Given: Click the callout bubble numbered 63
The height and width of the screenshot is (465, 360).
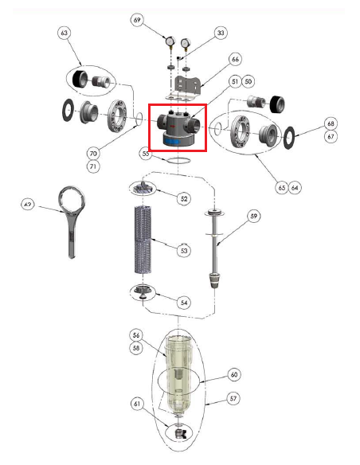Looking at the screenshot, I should point(65,33).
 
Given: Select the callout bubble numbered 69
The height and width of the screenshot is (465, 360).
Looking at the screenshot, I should point(138,19).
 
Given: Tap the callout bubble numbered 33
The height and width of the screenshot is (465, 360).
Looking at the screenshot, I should point(220,33).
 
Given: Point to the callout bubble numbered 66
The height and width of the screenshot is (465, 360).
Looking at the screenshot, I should point(235,59).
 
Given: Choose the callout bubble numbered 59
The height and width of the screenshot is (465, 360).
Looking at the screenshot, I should point(254,215).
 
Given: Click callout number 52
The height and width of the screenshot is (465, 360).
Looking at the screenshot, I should point(185,197).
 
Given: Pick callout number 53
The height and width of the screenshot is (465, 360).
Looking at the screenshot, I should point(184,251).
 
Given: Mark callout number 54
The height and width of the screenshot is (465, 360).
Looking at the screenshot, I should point(184,303).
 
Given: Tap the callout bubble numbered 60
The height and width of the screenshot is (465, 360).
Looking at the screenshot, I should point(234,373).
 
